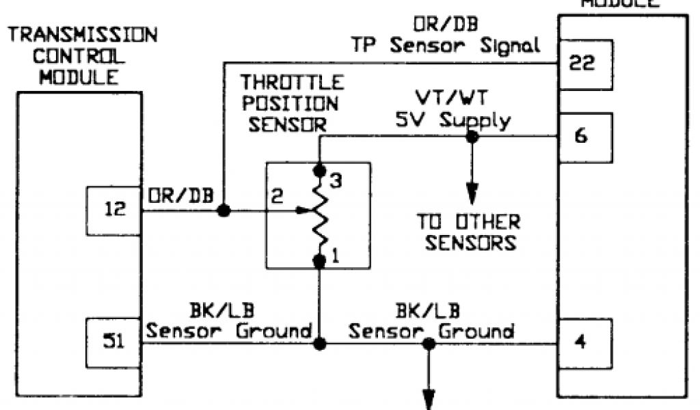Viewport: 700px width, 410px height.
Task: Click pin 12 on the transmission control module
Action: pyautogui.click(x=113, y=210)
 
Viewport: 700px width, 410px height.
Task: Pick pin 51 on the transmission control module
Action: pyautogui.click(x=113, y=342)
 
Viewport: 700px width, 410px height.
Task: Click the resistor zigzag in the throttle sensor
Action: pyautogui.click(x=319, y=212)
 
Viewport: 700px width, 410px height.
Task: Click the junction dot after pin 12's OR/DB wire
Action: pyautogui.click(x=223, y=211)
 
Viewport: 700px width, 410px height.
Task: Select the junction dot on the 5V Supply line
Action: pyautogui.click(x=471, y=137)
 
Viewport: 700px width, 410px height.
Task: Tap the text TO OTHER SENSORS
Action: pyautogui.click(x=469, y=232)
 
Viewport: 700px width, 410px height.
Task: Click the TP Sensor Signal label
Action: pyautogui.click(x=445, y=45)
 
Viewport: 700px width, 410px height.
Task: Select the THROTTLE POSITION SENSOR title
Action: pyautogui.click(x=292, y=103)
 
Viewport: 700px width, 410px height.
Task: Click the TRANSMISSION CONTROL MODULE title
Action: pyautogui.click(x=81, y=55)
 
